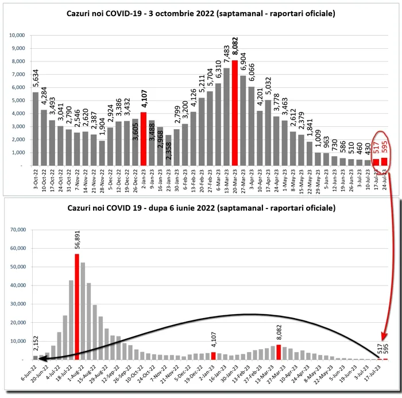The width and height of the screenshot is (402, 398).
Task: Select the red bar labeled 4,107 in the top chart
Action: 144,138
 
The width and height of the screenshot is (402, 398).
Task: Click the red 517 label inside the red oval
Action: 376,148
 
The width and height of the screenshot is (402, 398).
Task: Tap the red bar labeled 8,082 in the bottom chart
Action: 279,352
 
